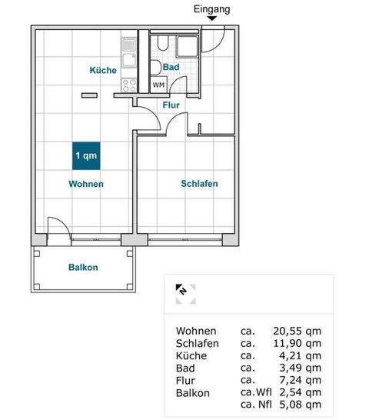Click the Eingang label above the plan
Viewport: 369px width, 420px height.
coord(213,9)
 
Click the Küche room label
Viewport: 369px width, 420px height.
coord(103,71)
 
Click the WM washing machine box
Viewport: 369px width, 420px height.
coord(158,85)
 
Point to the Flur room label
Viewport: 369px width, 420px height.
coord(171,105)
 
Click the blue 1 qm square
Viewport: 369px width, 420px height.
coord(85,155)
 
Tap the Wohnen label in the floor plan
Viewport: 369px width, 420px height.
coord(85,185)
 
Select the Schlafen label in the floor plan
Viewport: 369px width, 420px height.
coord(199,184)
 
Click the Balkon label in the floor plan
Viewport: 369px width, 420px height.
coord(82,268)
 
